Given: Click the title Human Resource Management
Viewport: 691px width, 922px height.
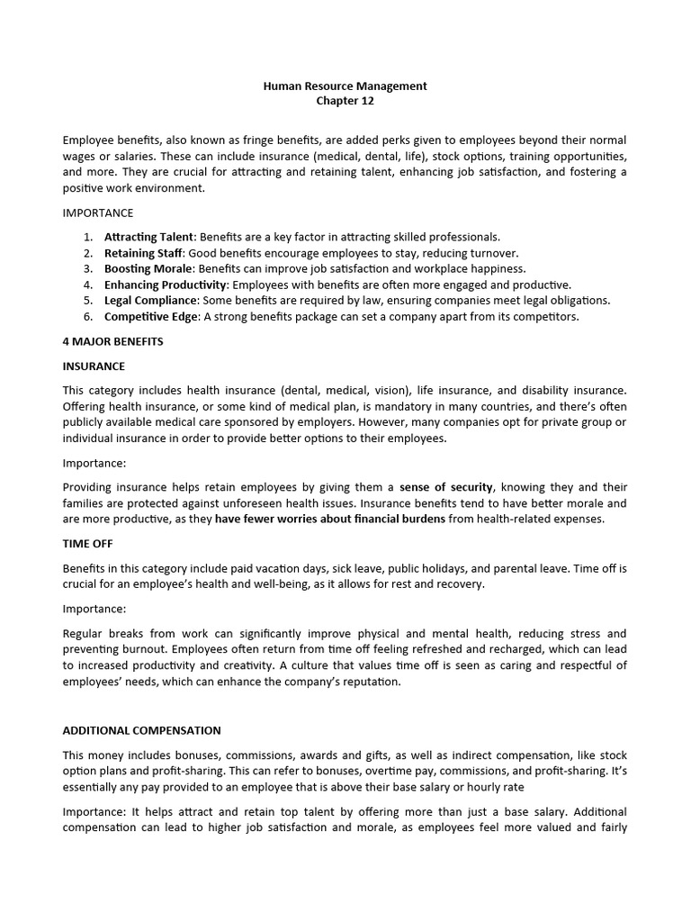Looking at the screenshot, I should click(345, 86).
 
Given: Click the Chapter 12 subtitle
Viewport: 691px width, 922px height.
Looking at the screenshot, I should click(345, 101).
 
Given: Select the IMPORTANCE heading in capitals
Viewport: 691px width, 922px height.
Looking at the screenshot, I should click(98, 213).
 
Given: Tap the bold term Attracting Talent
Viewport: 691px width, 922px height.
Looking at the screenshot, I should click(148, 237).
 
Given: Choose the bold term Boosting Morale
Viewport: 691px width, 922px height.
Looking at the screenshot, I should click(148, 268).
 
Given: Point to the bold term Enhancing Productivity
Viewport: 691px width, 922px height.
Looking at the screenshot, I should click(166, 285).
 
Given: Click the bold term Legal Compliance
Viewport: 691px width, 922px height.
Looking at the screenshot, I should click(150, 300).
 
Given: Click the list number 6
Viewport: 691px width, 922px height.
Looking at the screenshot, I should click(88, 316).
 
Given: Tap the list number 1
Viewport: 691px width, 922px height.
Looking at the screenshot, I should click(88, 237).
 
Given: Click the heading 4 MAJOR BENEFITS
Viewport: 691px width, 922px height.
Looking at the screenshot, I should click(112, 342).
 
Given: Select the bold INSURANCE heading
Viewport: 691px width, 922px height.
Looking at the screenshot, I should click(94, 366).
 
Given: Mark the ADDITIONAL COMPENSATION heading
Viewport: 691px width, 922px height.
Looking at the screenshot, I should click(141, 730).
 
